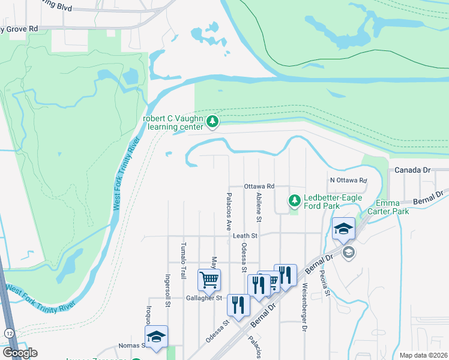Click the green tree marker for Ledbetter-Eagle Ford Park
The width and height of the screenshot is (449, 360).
tap(294, 200)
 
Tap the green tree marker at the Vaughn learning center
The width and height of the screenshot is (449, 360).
tap(212, 122)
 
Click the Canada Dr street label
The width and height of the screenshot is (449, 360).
tap(413, 170)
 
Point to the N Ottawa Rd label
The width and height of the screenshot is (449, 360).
tap(348, 181)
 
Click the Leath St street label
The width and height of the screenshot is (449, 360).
tap(245, 236)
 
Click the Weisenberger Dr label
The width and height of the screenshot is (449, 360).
tap(305, 300)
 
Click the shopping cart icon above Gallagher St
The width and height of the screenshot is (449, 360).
tap(209, 278)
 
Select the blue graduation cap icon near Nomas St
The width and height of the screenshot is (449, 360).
tap(156, 337)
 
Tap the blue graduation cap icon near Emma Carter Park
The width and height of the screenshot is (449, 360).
tap(344, 229)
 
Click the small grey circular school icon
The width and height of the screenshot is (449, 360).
tap(348, 253)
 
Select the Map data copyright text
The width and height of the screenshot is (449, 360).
tap(423, 355)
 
